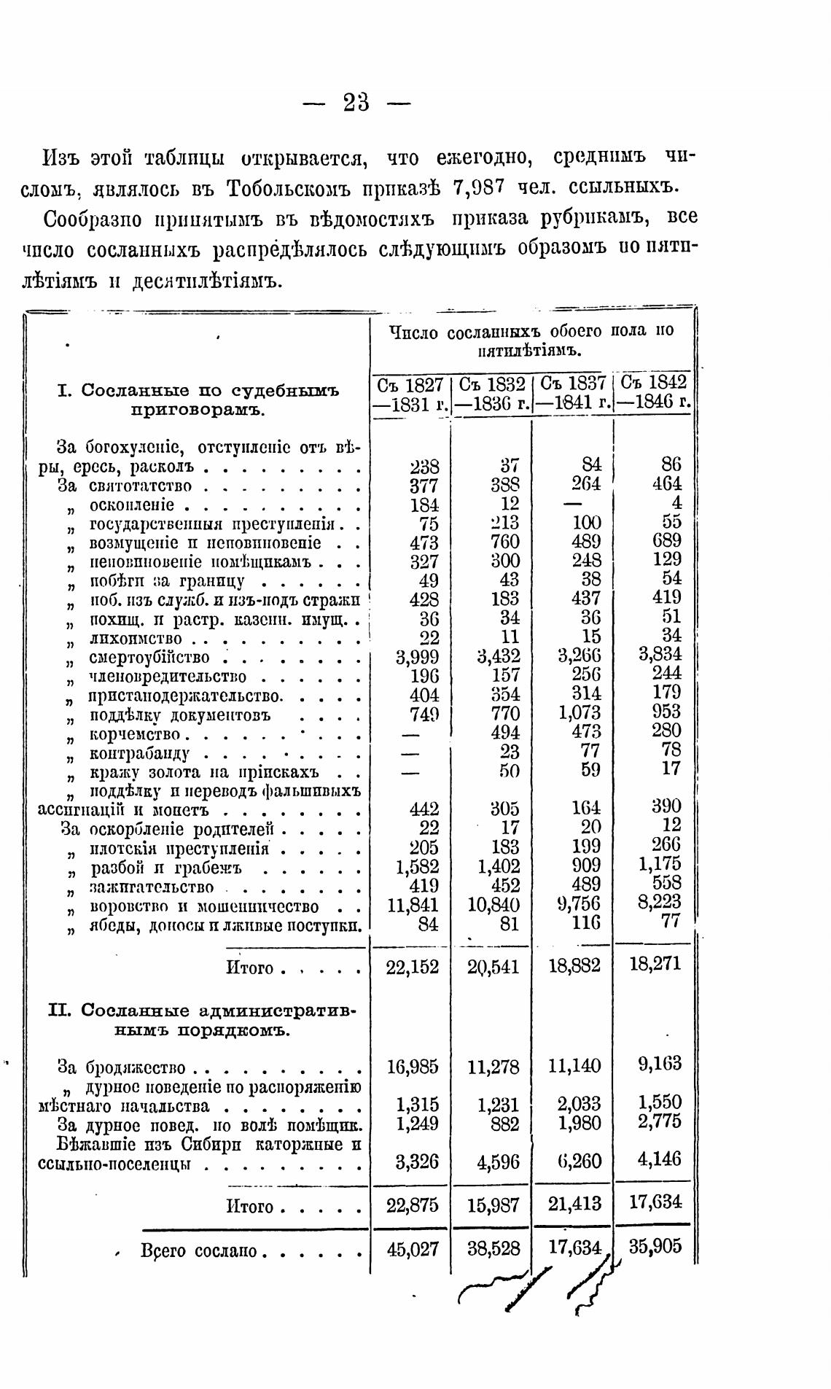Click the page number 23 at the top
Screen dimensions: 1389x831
click(x=356, y=103)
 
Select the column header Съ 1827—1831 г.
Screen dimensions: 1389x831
click(x=410, y=394)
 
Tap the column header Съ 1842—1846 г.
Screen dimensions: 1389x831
click(x=654, y=394)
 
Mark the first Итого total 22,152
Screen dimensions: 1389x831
click(x=412, y=967)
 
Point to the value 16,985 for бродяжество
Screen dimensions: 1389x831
click(x=412, y=1067)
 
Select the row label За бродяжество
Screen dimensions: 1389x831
click(x=122, y=1068)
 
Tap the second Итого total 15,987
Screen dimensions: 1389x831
click(x=493, y=1206)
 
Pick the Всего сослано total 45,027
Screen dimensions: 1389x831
click(x=412, y=1250)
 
